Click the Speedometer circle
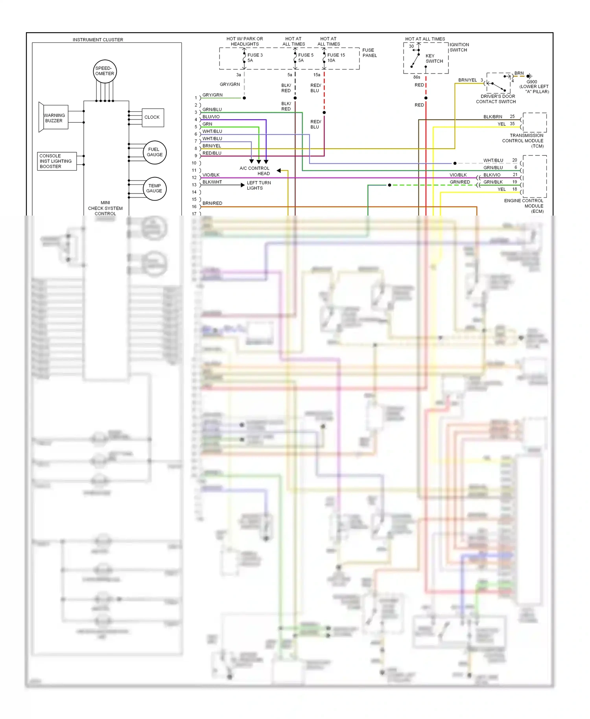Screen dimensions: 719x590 click(105, 71)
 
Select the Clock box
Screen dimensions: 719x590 click(152, 117)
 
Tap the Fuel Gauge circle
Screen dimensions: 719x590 click(155, 152)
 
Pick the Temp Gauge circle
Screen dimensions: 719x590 click(154, 188)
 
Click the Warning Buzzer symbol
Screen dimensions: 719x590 click(54, 118)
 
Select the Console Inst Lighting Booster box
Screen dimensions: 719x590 click(56, 161)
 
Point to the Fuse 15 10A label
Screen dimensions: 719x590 click(336, 58)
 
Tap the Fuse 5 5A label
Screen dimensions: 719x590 click(305, 58)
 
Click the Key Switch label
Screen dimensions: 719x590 click(434, 59)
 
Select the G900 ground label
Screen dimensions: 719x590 click(534, 87)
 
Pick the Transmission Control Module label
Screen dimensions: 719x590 click(523, 140)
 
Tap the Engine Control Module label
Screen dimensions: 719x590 click(524, 206)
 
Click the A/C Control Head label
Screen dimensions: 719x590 click(254, 171)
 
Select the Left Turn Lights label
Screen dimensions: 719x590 click(258, 185)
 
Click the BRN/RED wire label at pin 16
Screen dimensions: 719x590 click(212, 203)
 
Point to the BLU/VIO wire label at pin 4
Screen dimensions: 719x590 click(211, 117)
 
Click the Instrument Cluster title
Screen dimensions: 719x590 click(98, 40)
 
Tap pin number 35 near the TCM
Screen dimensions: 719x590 click(512, 124)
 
